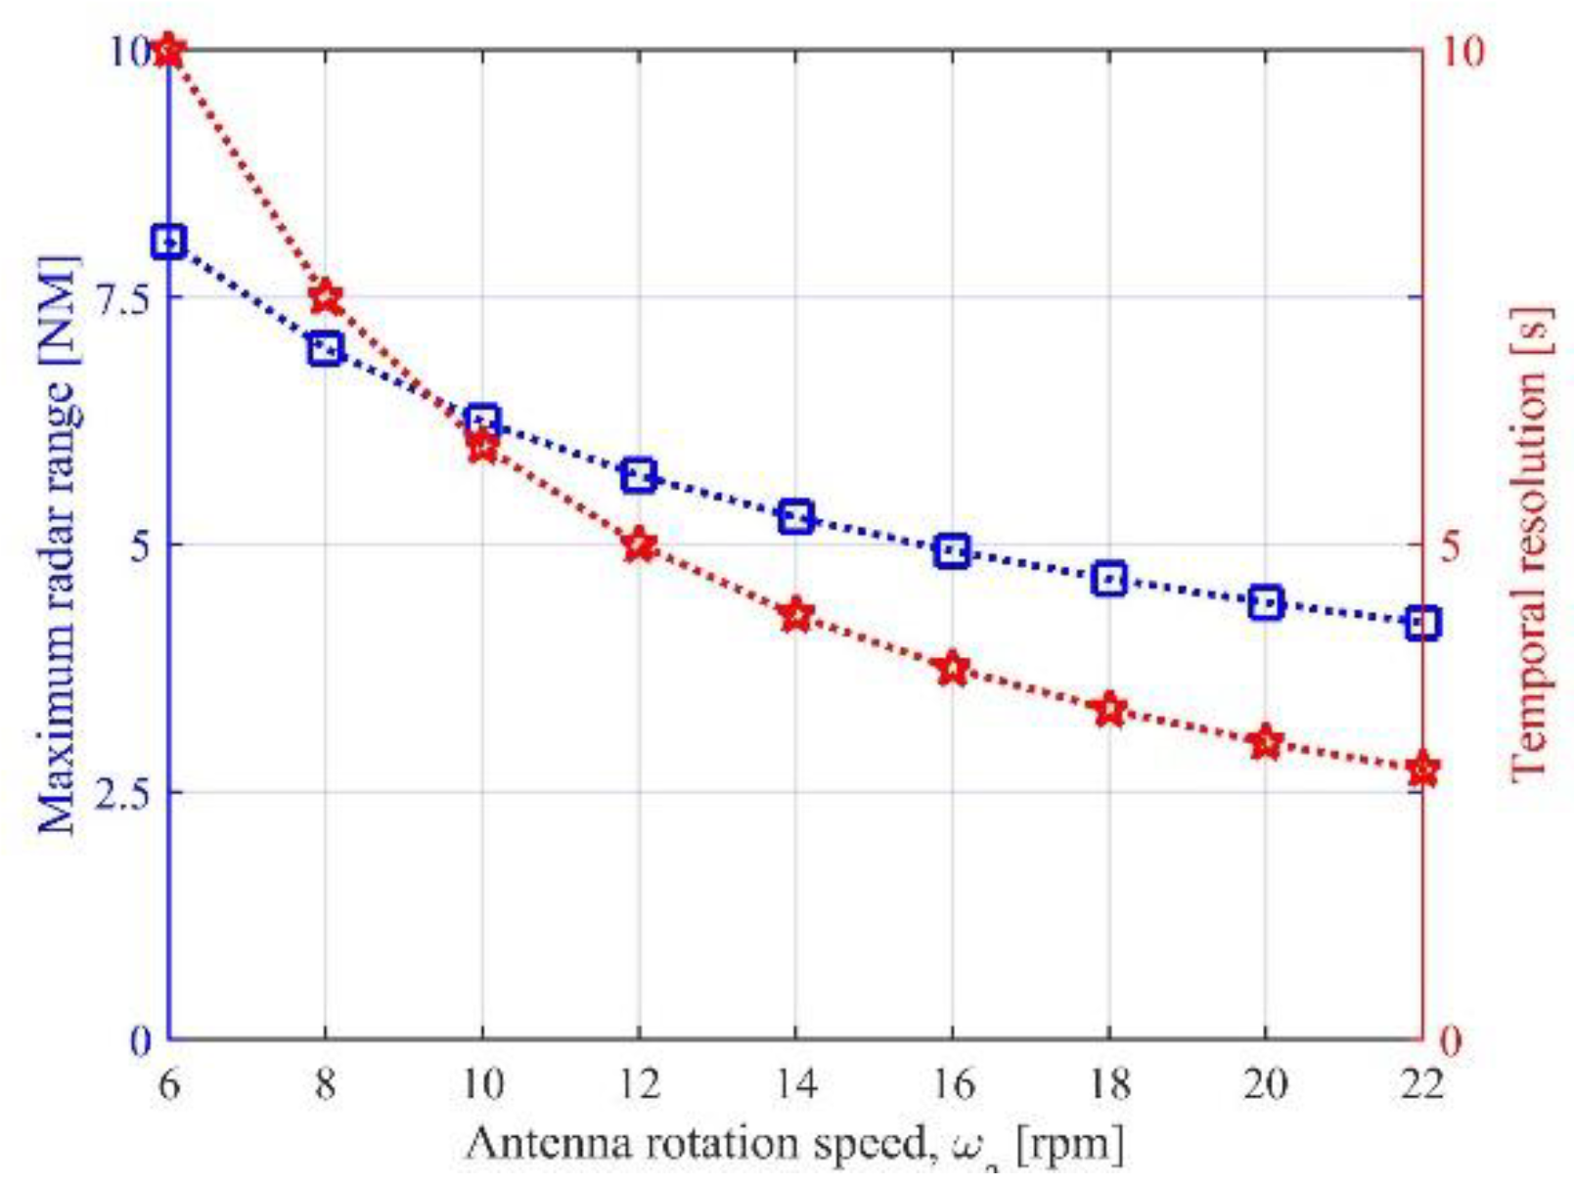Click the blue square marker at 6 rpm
tap(168, 242)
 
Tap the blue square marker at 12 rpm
tap(639, 476)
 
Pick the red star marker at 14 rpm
tap(796, 616)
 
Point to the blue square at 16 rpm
tap(953, 551)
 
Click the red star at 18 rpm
tap(1109, 709)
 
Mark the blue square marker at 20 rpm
tap(1266, 602)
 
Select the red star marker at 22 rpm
tap(1422, 770)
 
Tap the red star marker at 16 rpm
tap(953, 670)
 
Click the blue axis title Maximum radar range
tap(59, 545)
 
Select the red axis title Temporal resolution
tap(1530, 545)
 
